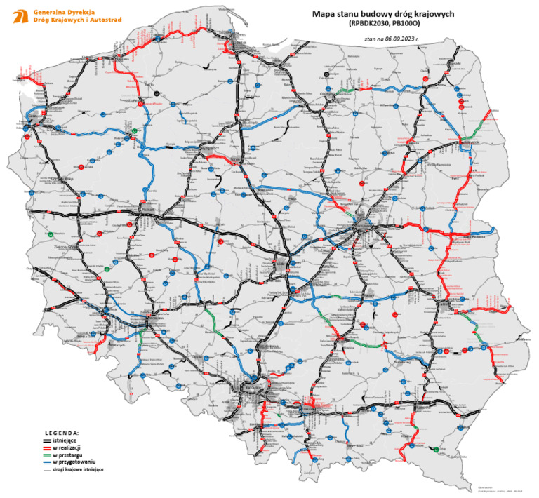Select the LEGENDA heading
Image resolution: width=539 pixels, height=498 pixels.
(x=62, y=434)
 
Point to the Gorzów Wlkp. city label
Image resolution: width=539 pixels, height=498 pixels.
(x=56, y=180)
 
